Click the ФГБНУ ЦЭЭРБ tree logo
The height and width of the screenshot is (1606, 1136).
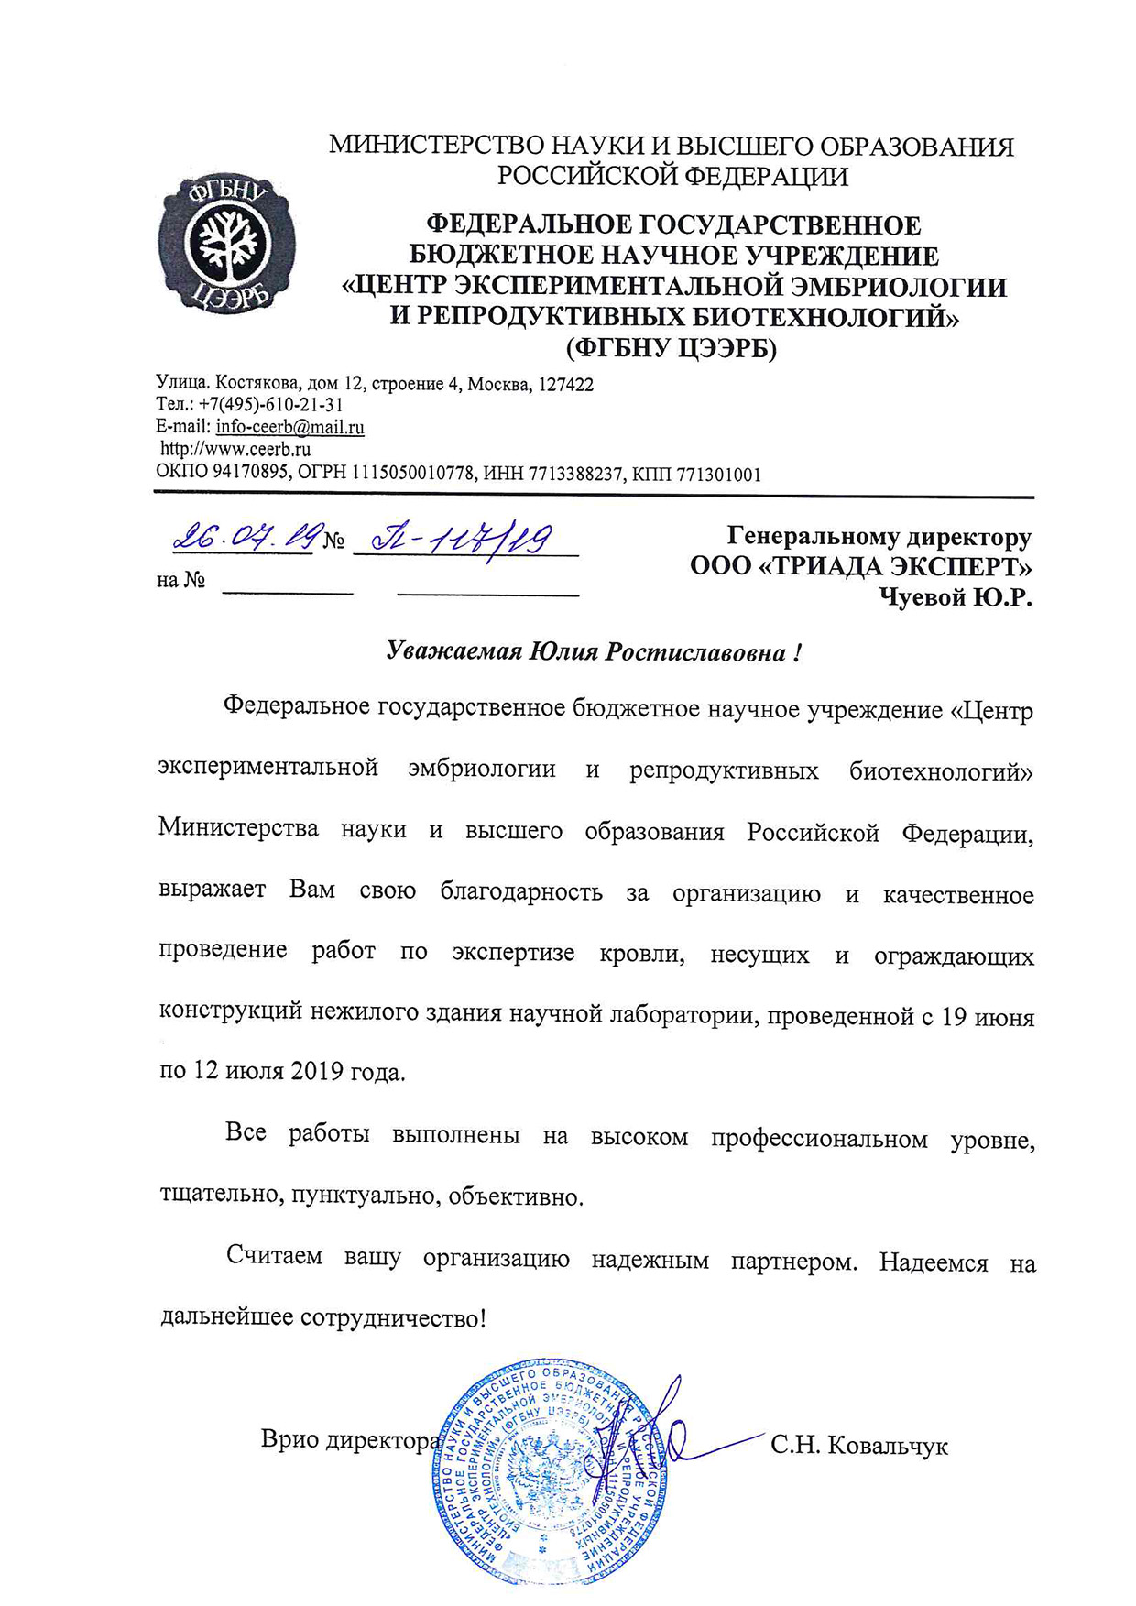point(226,245)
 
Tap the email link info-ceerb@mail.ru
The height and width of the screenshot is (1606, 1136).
point(289,427)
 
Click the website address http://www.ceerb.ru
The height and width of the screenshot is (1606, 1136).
point(235,449)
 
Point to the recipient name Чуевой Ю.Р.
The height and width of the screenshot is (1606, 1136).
point(956,597)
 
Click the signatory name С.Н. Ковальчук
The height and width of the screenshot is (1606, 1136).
point(858,1447)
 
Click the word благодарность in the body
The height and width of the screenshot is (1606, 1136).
point(521,891)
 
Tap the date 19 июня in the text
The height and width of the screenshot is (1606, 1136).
point(989,1017)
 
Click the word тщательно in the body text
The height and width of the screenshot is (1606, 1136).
point(220,1196)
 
